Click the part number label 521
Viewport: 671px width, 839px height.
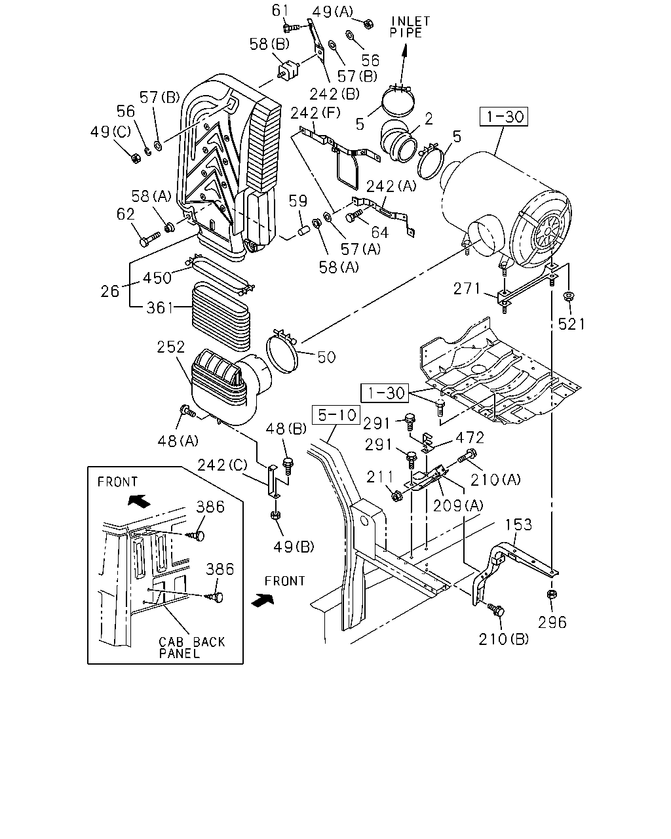click(571, 324)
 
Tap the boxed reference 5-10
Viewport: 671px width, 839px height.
click(336, 415)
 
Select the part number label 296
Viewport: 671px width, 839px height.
click(552, 623)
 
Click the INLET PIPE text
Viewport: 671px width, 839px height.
click(410, 27)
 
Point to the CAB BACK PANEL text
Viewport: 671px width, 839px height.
click(192, 648)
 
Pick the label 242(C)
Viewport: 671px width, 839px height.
click(222, 465)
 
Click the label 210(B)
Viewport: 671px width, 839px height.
click(503, 639)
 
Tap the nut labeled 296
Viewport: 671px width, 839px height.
click(552, 595)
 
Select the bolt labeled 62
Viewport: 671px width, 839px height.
click(149, 239)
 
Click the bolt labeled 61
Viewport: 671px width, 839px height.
click(291, 28)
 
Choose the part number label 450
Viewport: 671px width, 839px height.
click(157, 279)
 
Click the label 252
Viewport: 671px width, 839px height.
click(171, 347)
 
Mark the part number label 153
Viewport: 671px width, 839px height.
click(518, 525)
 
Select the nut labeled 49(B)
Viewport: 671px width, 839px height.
click(275, 515)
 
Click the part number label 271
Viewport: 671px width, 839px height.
click(467, 289)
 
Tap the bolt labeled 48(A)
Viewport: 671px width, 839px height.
click(187, 411)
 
